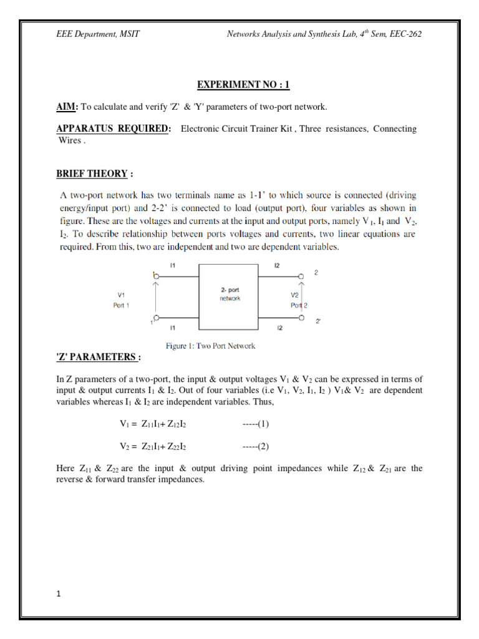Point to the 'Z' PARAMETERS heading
point(99,356)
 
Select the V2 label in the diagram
point(295,295)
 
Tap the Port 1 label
point(121,305)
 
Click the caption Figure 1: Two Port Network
point(210,345)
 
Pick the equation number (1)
point(256,424)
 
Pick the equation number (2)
point(256,447)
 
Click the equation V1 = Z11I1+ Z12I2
point(153,424)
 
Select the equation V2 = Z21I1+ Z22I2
point(153,447)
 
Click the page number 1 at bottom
point(58,595)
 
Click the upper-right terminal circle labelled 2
point(301,275)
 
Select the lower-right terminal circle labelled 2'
point(301,318)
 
